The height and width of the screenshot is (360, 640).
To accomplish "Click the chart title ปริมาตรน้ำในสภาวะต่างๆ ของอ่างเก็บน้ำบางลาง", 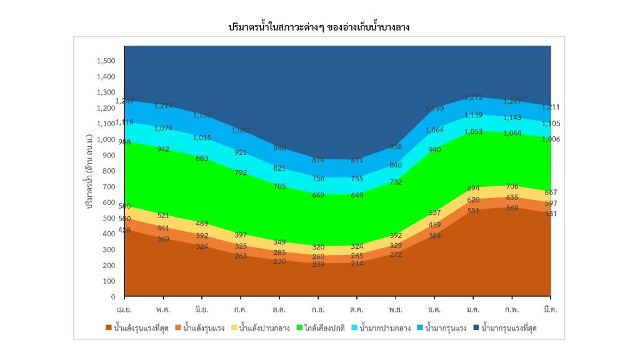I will click(x=319, y=28).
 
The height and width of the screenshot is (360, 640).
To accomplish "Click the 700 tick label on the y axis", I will click(x=109, y=187).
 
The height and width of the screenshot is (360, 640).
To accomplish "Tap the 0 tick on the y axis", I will click(x=114, y=297).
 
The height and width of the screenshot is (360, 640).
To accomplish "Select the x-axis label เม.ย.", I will click(x=124, y=309).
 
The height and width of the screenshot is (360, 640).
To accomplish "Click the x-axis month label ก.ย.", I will click(x=318, y=309).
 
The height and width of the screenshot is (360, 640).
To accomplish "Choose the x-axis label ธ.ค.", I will click(x=434, y=309).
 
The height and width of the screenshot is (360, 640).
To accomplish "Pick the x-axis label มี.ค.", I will click(x=551, y=309).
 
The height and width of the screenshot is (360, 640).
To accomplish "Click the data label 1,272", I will click(x=474, y=97).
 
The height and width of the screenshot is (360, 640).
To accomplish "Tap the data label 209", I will click(x=318, y=264).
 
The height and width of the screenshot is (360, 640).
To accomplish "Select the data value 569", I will click(x=512, y=208).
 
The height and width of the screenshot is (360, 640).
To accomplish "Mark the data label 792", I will click(x=241, y=173).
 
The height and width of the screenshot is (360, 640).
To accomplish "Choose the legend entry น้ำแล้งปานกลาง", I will click(x=264, y=327).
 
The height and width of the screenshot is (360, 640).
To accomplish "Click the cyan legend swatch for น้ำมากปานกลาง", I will click(x=354, y=327).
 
